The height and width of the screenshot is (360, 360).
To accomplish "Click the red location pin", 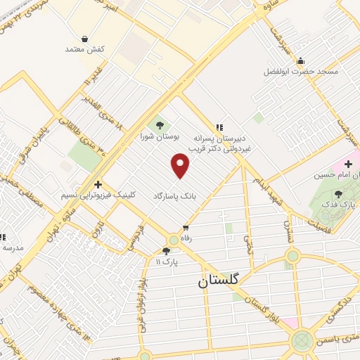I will tap(181, 165).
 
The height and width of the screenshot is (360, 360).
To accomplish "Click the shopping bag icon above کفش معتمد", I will tap(85, 39).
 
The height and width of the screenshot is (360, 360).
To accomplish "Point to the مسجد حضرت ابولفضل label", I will tap(301, 72).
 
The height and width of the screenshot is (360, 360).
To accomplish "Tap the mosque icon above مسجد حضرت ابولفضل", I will tap(301, 60).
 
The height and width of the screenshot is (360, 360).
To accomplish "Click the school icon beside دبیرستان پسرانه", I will tap(219, 127).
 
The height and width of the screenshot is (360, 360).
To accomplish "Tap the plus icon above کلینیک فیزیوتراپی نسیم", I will tap(99, 183).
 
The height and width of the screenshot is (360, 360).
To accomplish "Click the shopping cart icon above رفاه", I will tap(186, 227).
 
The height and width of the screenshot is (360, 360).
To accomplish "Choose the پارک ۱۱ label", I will tap(167, 262).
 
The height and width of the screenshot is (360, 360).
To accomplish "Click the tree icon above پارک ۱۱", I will tap(166, 250).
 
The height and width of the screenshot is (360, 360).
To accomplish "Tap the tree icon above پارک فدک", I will tap(338, 194).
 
